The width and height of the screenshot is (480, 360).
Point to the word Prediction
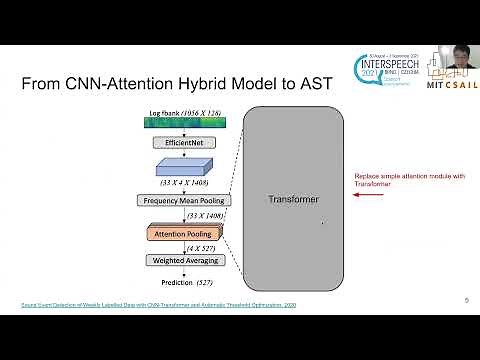[x=167, y=281]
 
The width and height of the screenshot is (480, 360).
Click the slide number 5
[x=466, y=300]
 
